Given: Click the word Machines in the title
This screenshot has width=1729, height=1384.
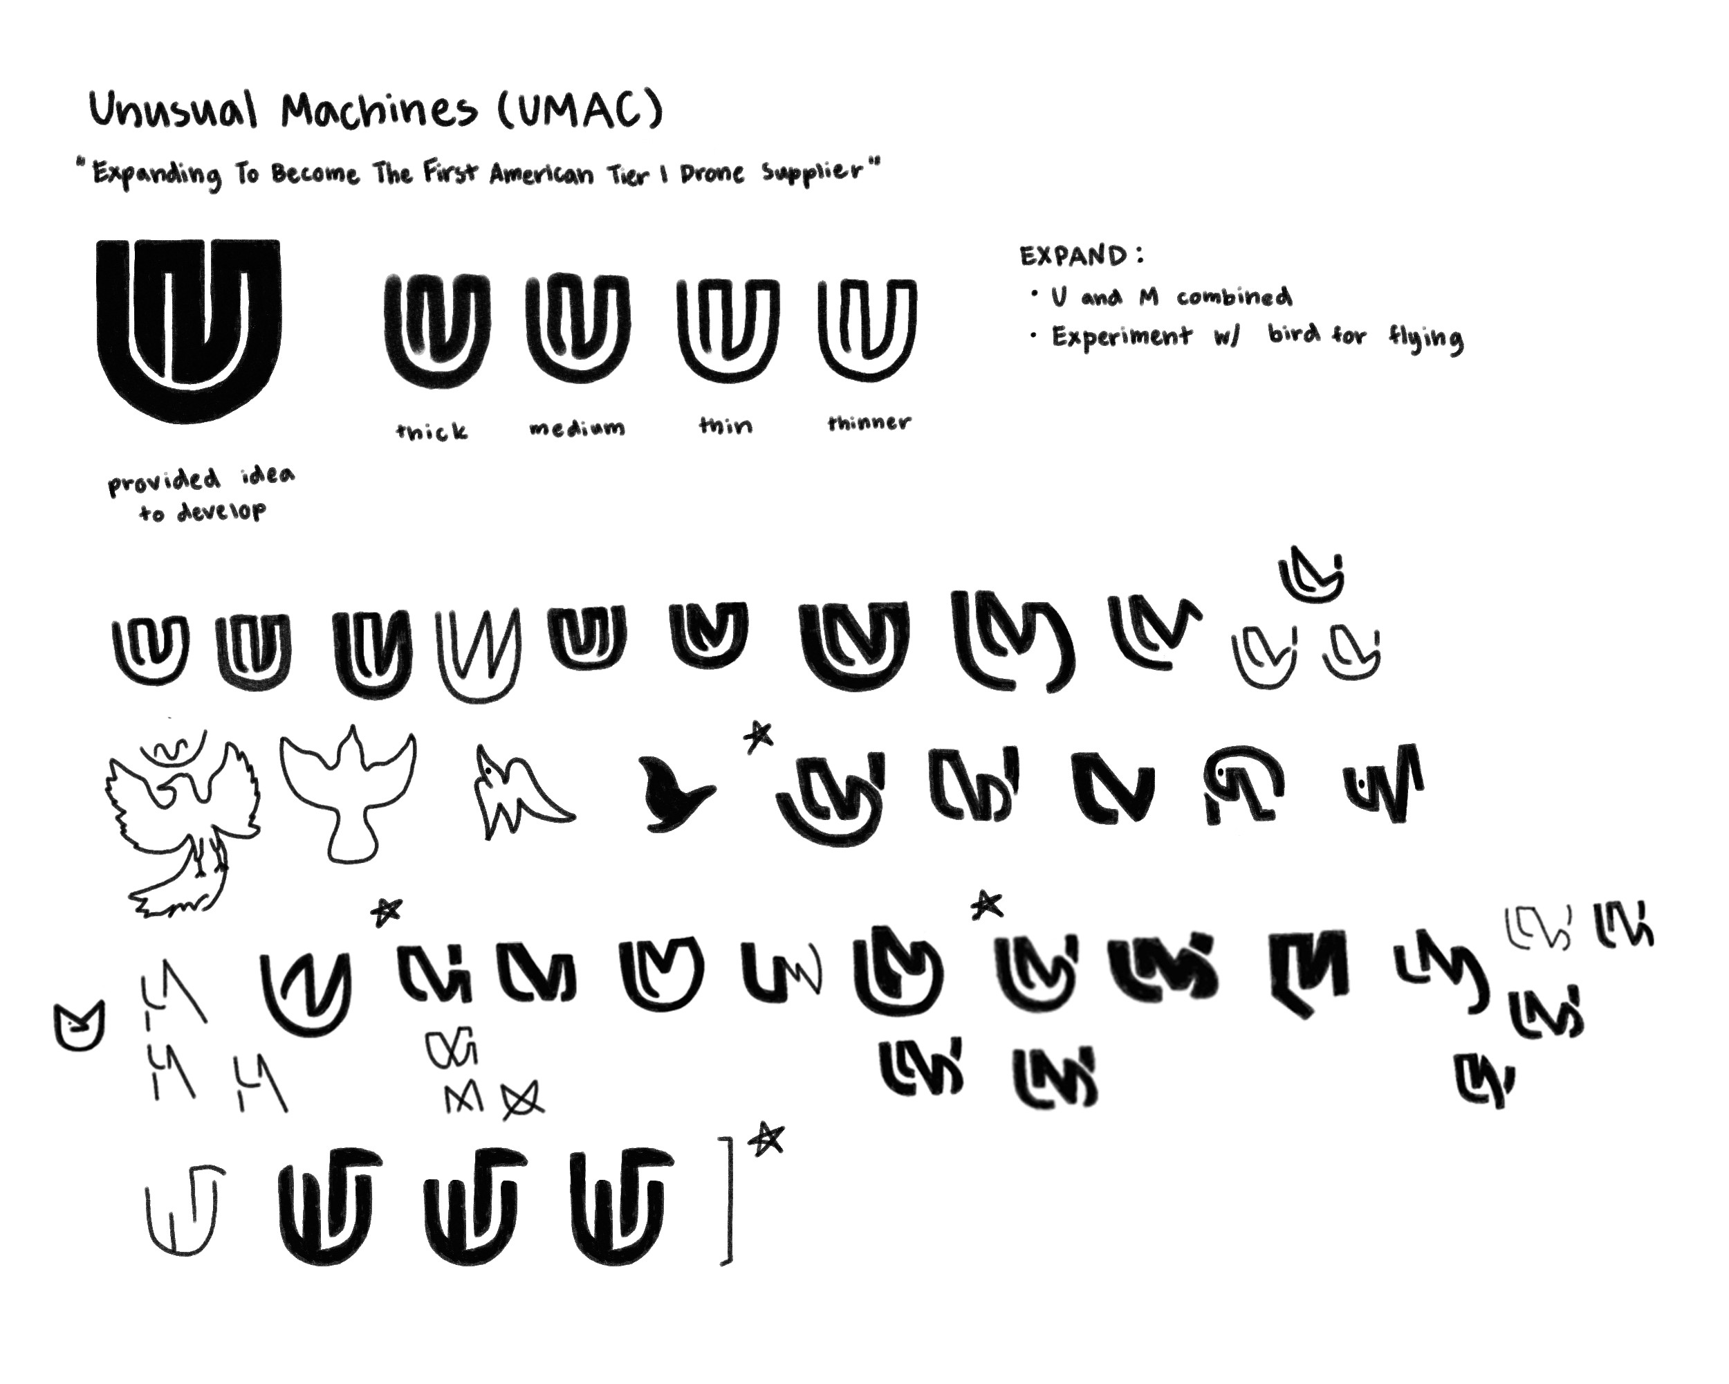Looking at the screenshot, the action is point(378,111).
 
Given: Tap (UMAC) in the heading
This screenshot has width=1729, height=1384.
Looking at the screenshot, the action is point(580,109).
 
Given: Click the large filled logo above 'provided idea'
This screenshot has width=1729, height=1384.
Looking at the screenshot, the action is point(188,331).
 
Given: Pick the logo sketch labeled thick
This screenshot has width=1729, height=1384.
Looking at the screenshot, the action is point(437,331).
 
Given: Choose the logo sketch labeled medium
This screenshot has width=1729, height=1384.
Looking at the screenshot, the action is point(577,329).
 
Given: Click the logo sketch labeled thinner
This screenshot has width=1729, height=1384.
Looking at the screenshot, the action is point(868,329).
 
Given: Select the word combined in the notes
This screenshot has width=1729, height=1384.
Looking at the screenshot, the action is point(1235,297).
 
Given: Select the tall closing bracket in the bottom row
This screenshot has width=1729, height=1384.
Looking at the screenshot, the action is point(729,1200).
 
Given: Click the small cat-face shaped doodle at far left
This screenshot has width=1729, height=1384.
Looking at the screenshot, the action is point(80,1026).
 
